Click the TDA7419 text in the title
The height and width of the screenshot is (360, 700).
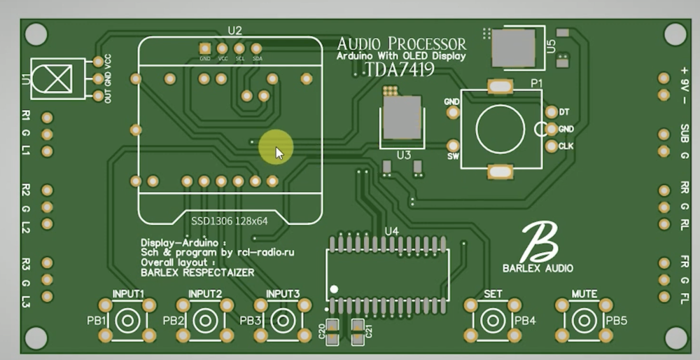coord(400,69)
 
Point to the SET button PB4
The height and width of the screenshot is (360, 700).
coord(493,321)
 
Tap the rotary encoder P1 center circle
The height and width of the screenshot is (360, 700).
coord(500,127)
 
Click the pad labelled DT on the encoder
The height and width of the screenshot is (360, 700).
coord(550,112)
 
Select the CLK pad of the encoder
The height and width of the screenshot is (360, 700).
coord(550,146)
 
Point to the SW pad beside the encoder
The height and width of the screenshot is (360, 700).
coord(453,146)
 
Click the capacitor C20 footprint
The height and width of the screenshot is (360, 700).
coord(333,331)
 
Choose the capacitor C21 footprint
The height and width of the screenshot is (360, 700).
coord(358,331)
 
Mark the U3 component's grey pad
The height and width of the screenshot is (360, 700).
coord(401,118)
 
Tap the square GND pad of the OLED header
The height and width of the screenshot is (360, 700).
coord(204,48)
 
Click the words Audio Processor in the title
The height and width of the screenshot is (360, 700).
coord(401,43)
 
